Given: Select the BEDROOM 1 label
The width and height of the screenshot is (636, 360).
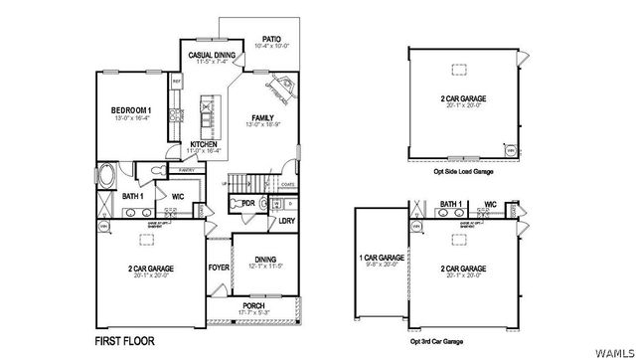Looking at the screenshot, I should tap(130, 109).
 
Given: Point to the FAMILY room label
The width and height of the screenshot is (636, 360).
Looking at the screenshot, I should tap(262, 118).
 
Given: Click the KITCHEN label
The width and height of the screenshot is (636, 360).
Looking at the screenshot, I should tap(205, 144).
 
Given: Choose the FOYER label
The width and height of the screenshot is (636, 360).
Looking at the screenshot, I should tap(218, 267).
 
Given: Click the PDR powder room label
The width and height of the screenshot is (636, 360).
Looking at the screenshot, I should tap(248, 203).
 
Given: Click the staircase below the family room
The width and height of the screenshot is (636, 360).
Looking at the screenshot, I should tap(247, 182).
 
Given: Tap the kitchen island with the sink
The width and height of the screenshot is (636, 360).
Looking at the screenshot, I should tap(206, 114).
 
